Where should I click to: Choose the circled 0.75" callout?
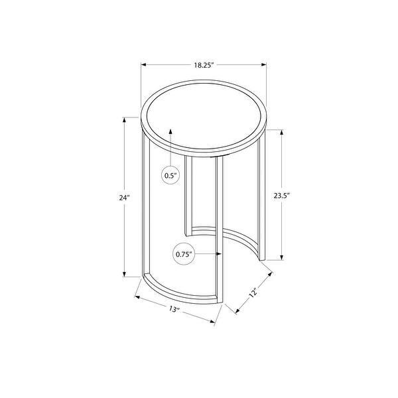click(184, 253)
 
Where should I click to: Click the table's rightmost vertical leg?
click(263, 199)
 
